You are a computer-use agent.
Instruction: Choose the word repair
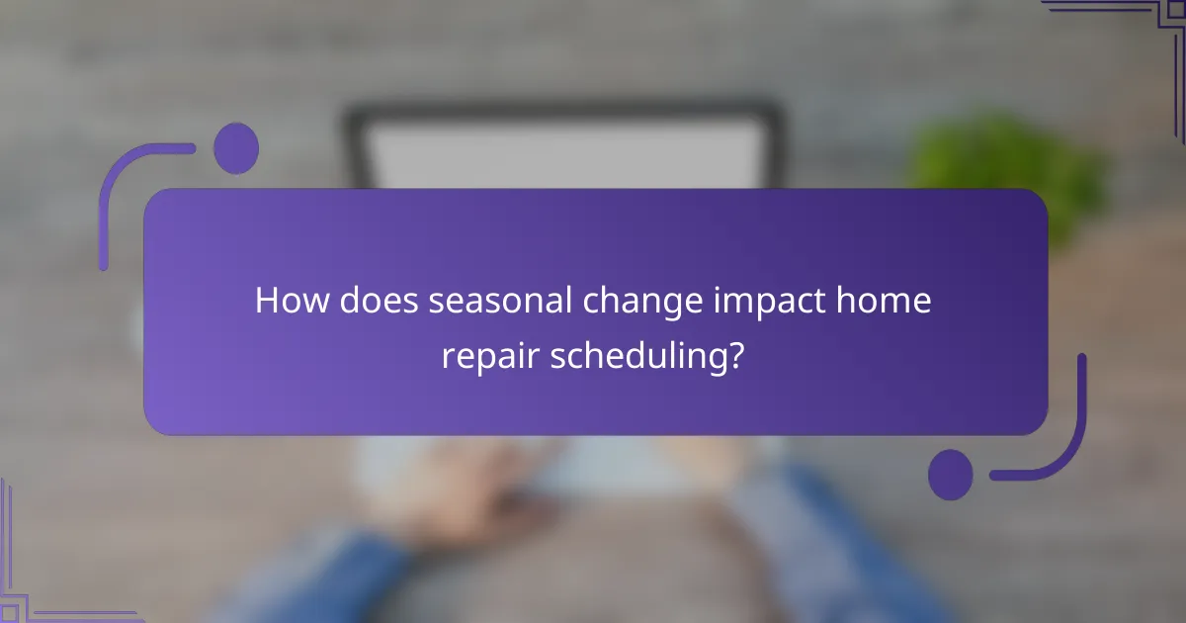(x=485, y=357)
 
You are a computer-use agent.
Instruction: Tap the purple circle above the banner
(x=235, y=148)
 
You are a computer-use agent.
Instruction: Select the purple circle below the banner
(x=950, y=475)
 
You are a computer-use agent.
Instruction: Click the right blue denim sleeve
(x=840, y=554)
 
